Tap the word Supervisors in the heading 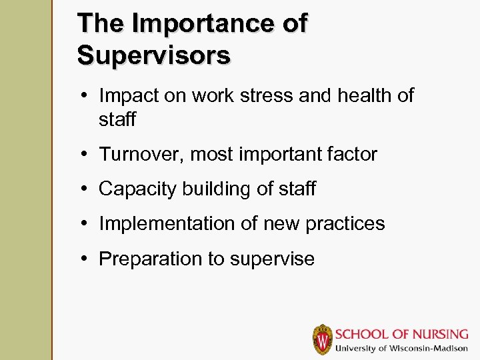tap(154, 55)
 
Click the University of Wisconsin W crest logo tap(323, 339)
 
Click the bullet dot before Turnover tap(87, 155)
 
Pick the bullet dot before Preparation tap(87, 259)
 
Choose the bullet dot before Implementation tap(87, 224)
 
